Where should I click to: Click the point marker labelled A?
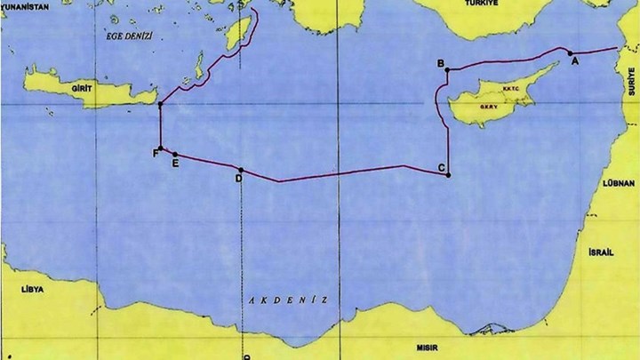click(570, 53)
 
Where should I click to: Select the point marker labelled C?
click(450, 174)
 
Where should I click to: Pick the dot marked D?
click(241, 169)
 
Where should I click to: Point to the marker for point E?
click(175, 154)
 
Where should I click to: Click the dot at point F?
click(160, 148)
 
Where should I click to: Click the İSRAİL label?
click(601, 252)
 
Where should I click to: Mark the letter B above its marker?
click(440, 63)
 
